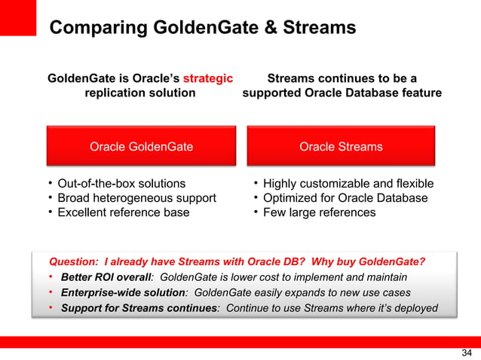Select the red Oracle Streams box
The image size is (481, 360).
click(341, 146)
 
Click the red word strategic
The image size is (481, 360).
click(207, 78)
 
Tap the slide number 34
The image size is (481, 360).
click(465, 352)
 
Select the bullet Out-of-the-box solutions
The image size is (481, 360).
click(121, 183)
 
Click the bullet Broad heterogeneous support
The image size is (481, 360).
click(136, 198)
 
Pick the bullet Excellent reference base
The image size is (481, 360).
click(124, 212)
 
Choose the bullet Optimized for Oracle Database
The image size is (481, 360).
click(345, 198)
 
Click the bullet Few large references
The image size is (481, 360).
click(319, 212)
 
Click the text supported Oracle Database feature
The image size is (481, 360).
click(342, 93)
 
